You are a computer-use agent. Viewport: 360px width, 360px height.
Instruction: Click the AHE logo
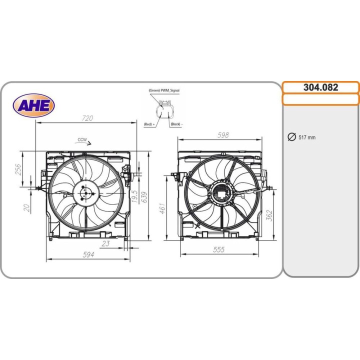click(x=33, y=105)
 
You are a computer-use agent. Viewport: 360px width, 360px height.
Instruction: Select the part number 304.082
click(x=320, y=87)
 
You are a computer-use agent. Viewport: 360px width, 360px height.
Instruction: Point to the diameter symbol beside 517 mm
click(x=291, y=137)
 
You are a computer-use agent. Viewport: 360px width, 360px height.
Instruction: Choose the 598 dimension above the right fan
click(x=223, y=135)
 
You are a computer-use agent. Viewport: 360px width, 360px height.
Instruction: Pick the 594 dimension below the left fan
click(x=88, y=255)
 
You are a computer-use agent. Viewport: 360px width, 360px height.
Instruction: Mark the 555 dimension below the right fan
click(x=218, y=249)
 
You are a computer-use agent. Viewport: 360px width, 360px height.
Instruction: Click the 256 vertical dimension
click(x=18, y=170)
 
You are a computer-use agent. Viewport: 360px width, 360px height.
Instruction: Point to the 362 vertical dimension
click(x=269, y=215)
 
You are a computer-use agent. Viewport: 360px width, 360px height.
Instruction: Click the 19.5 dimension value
click(x=134, y=196)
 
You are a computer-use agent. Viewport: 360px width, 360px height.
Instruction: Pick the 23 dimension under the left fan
click(x=105, y=243)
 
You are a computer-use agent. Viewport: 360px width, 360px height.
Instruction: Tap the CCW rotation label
click(x=82, y=139)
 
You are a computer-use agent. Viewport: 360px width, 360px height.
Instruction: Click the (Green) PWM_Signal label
click(x=163, y=90)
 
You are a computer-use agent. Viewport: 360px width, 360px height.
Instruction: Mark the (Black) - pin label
click(x=176, y=123)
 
